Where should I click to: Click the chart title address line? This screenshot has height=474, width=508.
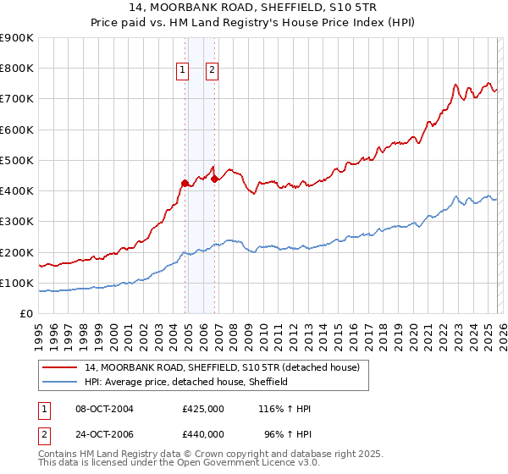tap(253, 7)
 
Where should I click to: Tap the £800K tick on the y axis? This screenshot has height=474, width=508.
tap(17, 69)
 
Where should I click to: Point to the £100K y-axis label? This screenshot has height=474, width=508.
tap(17, 283)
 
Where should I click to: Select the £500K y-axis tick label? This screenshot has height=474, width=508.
tap(17, 160)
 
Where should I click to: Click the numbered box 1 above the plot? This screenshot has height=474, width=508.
tap(183, 71)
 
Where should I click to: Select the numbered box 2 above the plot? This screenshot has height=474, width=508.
tap(212, 71)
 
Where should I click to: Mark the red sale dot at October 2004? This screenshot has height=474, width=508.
tap(185, 182)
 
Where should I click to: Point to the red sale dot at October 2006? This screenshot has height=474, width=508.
tap(215, 178)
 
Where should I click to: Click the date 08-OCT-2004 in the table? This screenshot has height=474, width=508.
tap(104, 409)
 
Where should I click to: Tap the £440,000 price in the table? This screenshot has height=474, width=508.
tap(203, 433)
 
